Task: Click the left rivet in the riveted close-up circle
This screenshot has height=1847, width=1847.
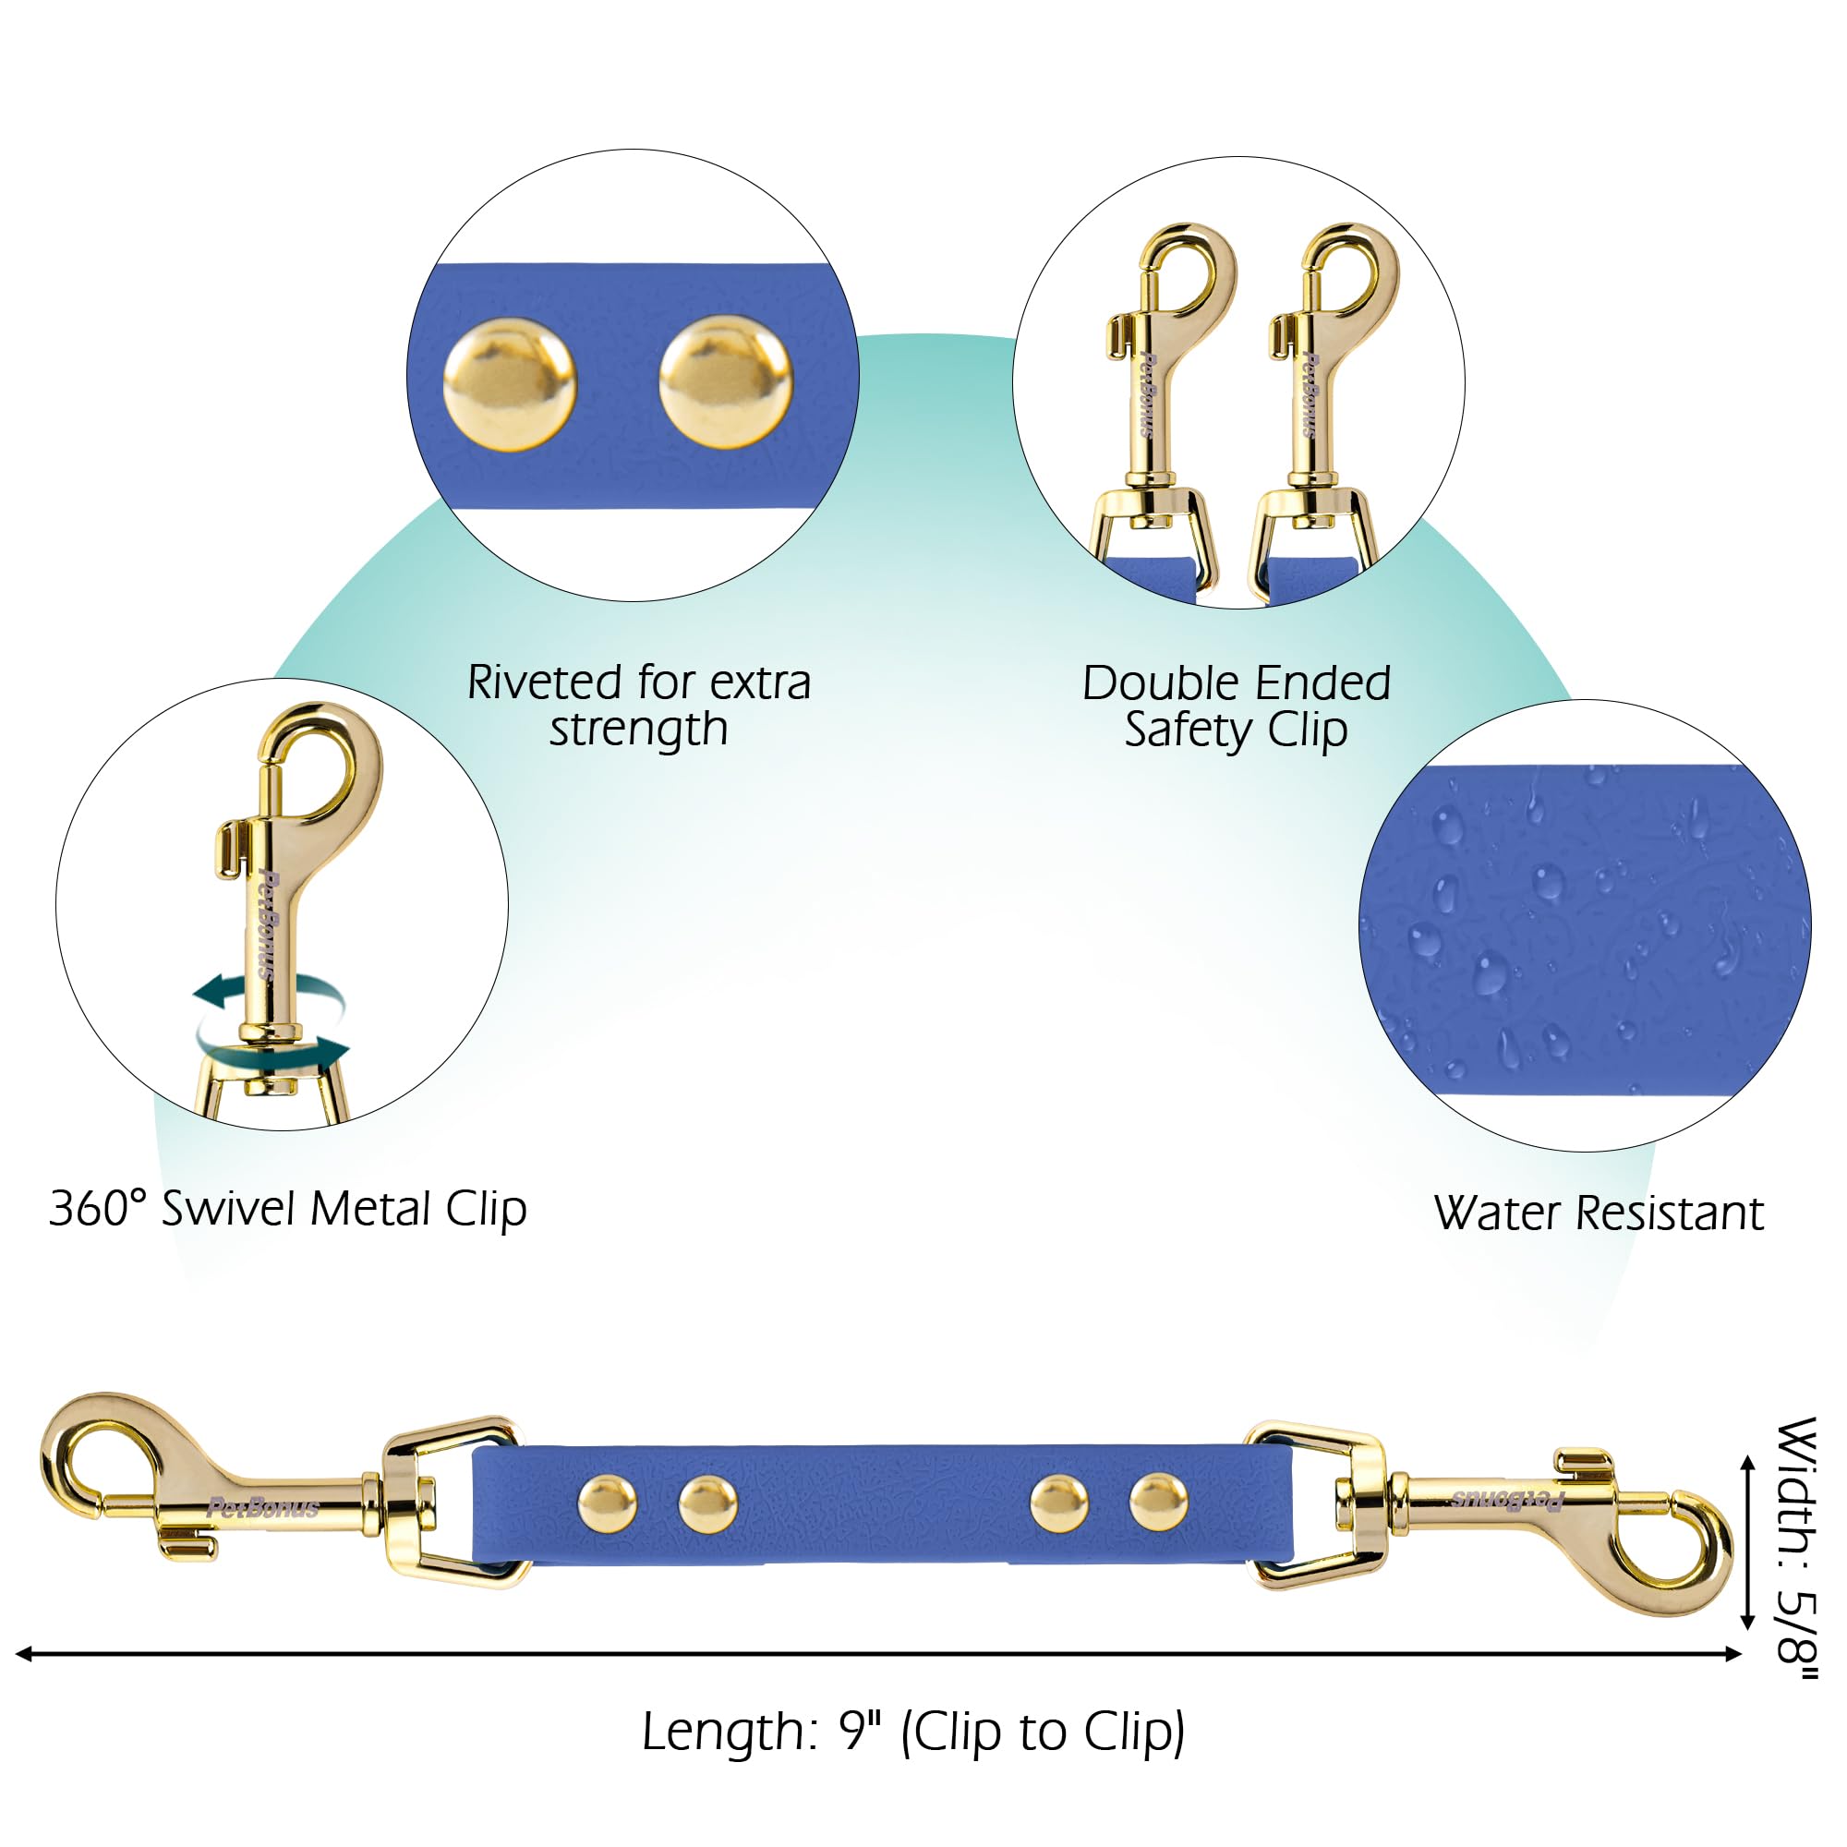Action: pos(510,384)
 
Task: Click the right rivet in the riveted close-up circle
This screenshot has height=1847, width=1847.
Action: pos(726,382)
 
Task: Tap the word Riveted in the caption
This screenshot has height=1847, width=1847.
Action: pos(545,682)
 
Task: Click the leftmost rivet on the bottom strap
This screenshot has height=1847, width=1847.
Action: pos(607,1503)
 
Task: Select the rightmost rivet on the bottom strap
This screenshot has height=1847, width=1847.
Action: pos(1159,1503)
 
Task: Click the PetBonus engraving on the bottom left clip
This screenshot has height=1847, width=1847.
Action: pos(263,1509)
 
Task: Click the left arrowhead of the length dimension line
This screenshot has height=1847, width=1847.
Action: pos(23,1654)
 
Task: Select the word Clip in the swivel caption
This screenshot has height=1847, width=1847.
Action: pos(486,1211)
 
